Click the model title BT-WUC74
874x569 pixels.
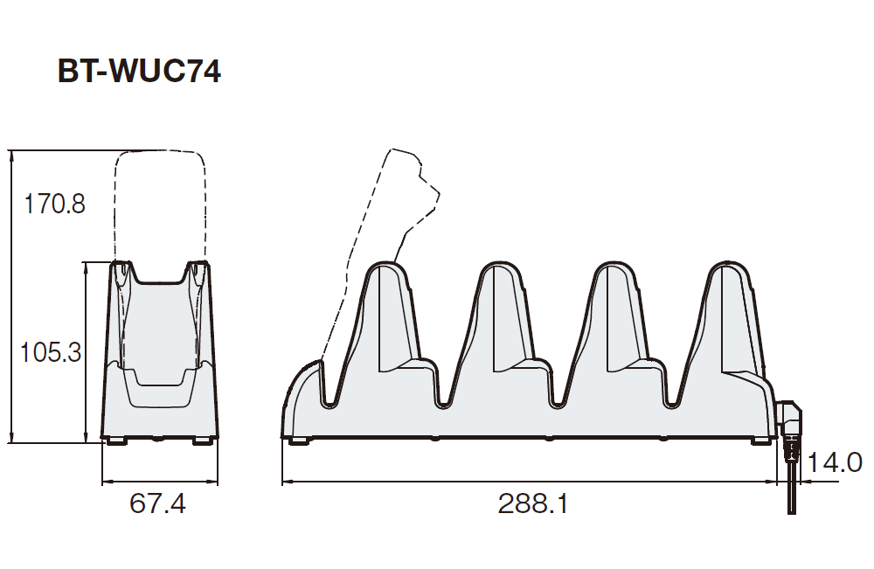(139, 72)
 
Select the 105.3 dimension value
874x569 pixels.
(51, 353)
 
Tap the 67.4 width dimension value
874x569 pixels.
(157, 503)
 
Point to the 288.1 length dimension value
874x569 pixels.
(532, 503)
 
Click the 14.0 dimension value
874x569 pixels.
(834, 462)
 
